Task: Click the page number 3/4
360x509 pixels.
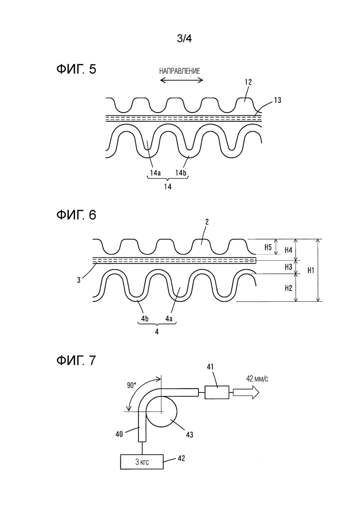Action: (184, 39)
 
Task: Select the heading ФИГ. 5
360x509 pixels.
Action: (76, 69)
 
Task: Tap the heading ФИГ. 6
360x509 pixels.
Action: (76, 215)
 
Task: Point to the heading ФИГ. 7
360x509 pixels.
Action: (76, 360)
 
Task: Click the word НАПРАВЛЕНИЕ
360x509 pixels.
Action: (180, 71)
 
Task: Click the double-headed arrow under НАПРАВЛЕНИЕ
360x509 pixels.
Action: (181, 80)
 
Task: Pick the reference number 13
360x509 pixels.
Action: (277, 100)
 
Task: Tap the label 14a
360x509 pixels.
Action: (155, 173)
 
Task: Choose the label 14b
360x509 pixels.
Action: (181, 173)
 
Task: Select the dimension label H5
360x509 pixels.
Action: (268, 247)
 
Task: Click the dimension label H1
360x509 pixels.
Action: (311, 270)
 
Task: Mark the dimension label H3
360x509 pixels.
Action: (288, 267)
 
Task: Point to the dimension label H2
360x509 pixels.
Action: (288, 288)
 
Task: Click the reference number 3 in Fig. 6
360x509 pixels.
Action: (78, 280)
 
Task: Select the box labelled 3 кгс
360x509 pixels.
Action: (142, 461)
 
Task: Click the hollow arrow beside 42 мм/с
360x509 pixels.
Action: (246, 393)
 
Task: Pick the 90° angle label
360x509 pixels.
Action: (132, 386)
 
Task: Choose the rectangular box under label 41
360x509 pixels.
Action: (216, 392)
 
